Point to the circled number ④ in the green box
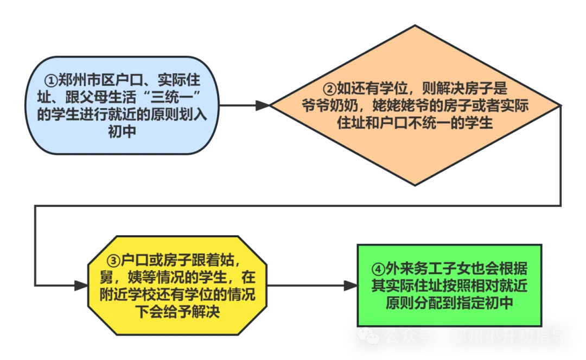(378, 269)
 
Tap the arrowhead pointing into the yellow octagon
(81, 286)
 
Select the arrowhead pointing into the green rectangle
(351, 285)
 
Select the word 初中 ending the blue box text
(122, 132)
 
